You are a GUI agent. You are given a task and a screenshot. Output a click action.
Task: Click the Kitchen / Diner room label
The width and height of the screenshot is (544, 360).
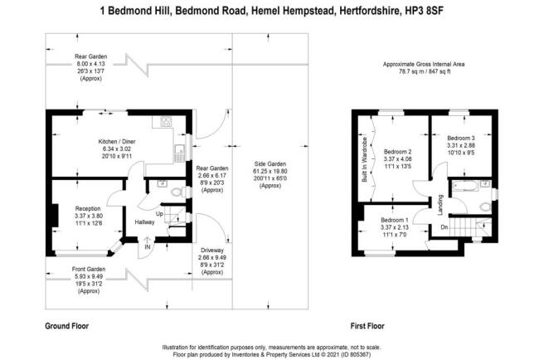point(117,142)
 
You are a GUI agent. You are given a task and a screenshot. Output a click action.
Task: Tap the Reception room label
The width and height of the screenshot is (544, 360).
point(88,209)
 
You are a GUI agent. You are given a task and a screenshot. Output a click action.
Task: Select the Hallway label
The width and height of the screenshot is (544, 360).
point(144,221)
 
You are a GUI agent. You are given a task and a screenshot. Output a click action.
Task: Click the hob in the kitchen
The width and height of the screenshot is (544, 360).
point(166,121)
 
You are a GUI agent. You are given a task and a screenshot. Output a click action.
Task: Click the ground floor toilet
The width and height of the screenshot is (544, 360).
point(177,192)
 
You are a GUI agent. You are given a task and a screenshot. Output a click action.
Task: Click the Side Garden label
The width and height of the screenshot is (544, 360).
point(270,164)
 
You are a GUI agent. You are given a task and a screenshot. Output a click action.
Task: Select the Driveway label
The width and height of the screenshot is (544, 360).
point(212,251)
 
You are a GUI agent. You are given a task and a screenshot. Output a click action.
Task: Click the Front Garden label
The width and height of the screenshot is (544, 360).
point(89,269)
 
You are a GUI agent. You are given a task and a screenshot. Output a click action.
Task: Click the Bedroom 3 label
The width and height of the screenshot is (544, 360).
point(461,139)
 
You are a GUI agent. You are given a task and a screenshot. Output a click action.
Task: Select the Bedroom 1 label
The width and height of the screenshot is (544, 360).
point(395,220)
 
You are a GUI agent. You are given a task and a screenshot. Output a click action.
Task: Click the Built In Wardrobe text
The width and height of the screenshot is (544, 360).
point(364,160)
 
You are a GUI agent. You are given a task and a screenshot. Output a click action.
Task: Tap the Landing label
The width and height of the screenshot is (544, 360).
point(440,205)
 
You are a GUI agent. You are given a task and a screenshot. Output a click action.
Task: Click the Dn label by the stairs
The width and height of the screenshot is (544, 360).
point(444,227)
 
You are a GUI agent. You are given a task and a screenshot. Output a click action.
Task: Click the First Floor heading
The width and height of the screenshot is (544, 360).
point(367,326)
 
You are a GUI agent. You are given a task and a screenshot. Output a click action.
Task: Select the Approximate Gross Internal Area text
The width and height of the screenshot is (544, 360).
point(424,64)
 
